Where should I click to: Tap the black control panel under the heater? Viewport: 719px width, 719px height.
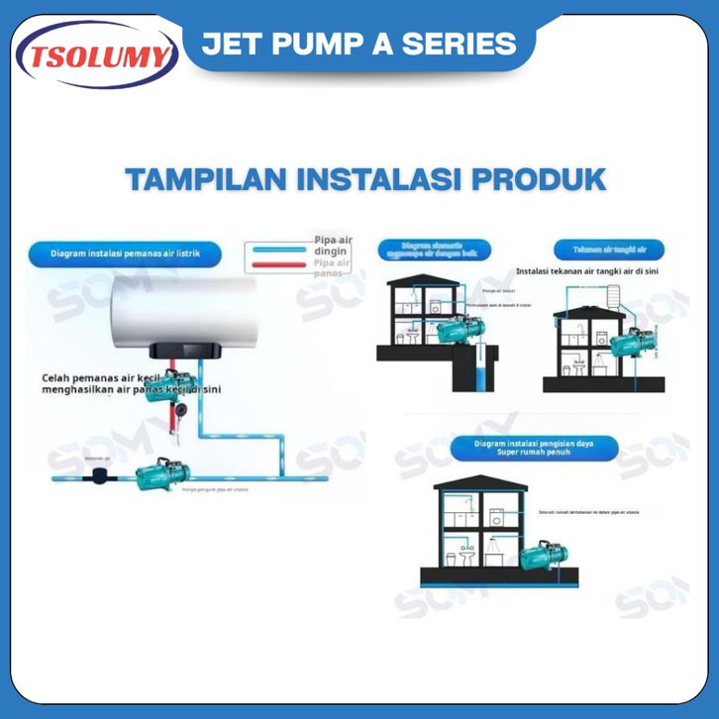pos(182,353)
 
